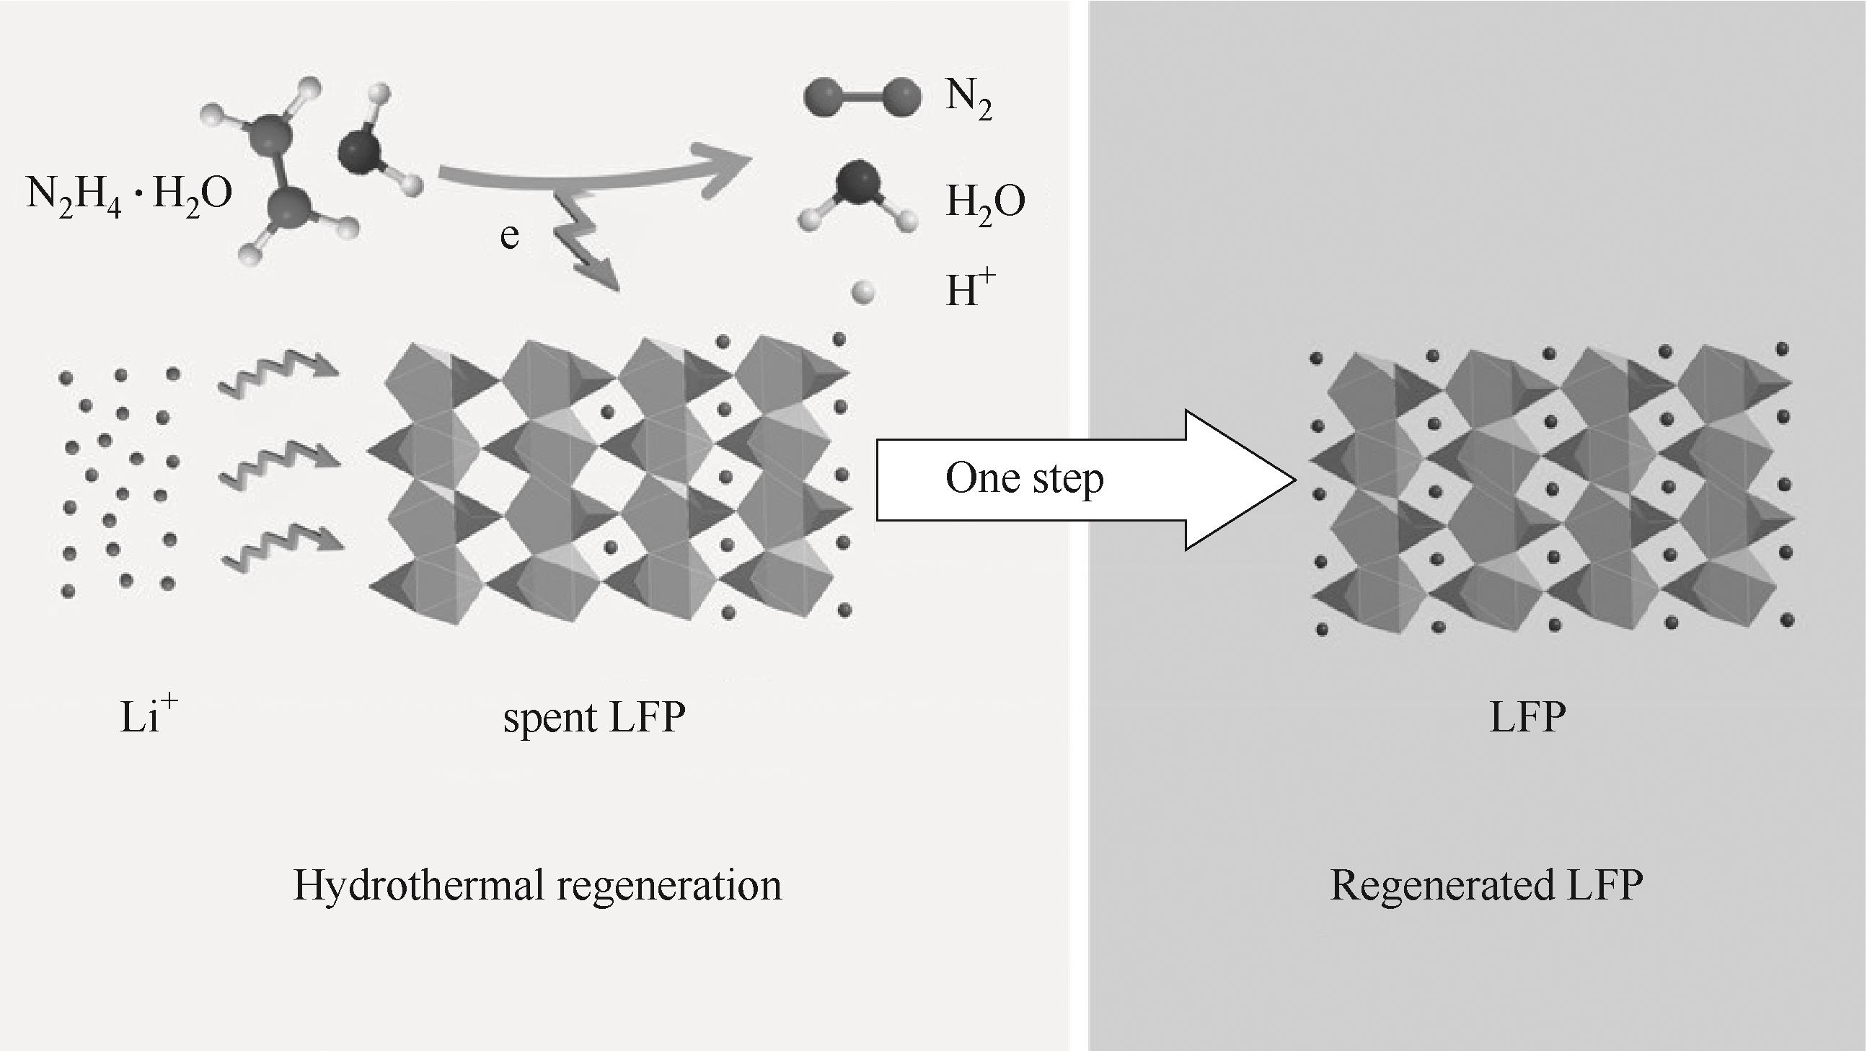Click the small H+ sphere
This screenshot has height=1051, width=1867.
pos(863,294)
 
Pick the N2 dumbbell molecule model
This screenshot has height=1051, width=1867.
pos(862,97)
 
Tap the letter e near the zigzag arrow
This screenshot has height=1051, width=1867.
pos(510,237)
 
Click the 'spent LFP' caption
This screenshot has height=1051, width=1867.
pos(593,718)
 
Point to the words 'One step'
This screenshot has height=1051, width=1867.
pos(1024,479)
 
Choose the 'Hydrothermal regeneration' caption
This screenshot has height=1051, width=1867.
pos(537,885)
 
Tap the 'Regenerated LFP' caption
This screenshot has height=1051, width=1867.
pos(1486,885)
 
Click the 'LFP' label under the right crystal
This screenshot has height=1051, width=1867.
pos(1527,718)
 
